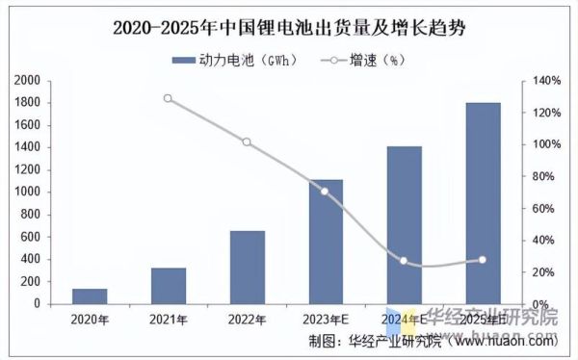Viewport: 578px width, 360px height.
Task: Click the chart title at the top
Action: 288,27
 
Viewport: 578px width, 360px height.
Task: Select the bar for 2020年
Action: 90,296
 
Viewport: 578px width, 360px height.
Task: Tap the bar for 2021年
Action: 169,285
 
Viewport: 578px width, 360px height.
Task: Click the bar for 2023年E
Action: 325,242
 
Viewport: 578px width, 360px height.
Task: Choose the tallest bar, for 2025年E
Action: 483,203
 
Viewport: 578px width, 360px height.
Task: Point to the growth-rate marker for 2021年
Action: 169,98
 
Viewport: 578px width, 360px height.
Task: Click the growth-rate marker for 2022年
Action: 247,142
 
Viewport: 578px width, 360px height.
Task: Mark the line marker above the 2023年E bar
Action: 325,192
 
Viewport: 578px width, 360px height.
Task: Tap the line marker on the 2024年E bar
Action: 404,261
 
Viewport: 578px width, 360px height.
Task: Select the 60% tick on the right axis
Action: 542,209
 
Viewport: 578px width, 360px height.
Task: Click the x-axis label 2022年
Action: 247,319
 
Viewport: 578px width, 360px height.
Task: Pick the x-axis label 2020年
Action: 90,319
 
